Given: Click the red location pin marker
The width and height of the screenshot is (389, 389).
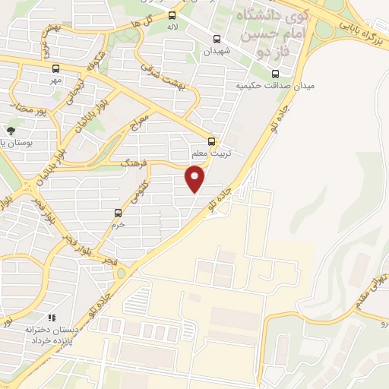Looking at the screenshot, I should point(195,179).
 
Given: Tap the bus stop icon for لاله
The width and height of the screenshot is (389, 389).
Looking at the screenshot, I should point(172,14).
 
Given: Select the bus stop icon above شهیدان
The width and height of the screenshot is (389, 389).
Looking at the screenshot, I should point(217,40).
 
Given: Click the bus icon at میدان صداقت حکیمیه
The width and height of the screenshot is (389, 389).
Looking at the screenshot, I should point(275,74).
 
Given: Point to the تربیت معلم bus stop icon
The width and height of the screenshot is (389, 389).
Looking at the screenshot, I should point(212,141).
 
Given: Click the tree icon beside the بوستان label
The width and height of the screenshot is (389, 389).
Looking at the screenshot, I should point(11,130).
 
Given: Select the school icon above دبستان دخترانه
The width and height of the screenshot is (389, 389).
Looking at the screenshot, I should point(51,318).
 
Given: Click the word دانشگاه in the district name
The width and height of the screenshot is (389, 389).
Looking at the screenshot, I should point(258,16).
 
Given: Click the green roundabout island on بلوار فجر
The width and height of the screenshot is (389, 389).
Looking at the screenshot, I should point(122,273).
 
